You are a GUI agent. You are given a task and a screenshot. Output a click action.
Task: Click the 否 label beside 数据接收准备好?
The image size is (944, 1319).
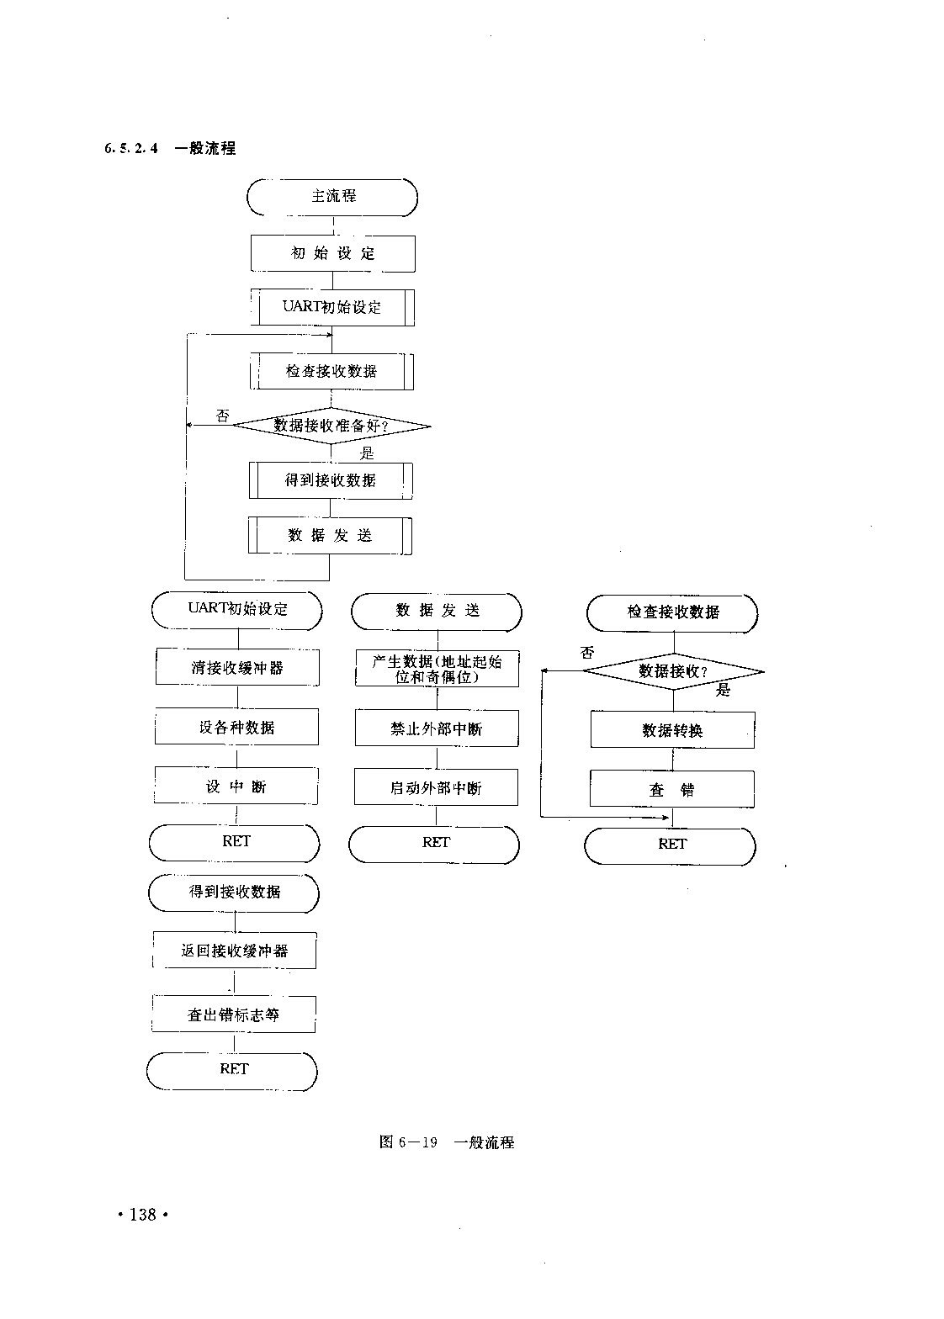coord(223,416)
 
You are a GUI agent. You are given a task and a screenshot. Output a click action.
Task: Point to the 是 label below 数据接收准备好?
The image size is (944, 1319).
coord(367,453)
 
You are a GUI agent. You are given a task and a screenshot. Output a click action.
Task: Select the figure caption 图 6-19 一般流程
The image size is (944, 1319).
coord(447,1142)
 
